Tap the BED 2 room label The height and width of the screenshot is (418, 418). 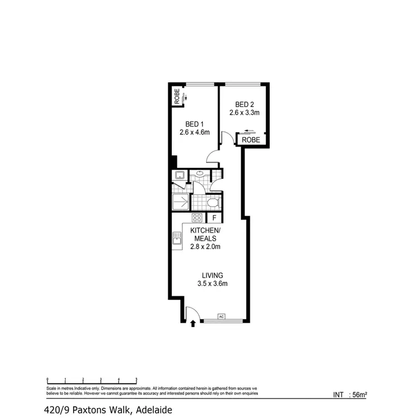(245, 104)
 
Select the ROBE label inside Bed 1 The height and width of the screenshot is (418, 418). (177, 97)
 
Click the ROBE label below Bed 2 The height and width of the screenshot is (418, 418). (251, 141)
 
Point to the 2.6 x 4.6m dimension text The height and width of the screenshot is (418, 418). (194, 133)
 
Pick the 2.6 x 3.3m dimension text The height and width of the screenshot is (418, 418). (245, 113)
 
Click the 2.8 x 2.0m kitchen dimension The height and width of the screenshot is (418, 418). (206, 246)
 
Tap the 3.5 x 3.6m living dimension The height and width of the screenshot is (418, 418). (212, 284)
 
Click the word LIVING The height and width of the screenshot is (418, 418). (212, 275)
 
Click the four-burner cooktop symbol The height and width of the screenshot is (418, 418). (197, 218)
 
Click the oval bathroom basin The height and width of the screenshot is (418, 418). (200, 174)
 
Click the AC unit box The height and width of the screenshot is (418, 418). (221, 317)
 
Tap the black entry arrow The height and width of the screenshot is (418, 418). (193, 323)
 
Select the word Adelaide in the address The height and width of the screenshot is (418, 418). (152, 410)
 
